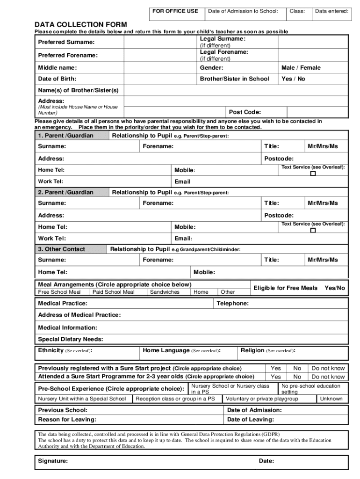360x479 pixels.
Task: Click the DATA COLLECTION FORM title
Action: click(80, 24)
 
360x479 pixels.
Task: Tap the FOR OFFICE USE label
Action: click(175, 11)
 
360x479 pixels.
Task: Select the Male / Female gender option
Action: click(301, 68)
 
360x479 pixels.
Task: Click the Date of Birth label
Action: click(57, 79)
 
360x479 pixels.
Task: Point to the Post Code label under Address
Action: click(245, 112)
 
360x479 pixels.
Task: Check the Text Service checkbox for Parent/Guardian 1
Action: click(313, 174)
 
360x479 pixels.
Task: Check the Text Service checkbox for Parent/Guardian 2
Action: click(313, 230)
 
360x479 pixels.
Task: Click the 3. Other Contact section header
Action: click(61, 249)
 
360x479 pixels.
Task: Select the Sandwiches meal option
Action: click(164, 292)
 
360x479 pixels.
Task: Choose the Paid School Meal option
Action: click(113, 292)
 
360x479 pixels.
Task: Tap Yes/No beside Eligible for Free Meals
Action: click(334, 288)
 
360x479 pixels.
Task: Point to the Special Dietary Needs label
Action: click(70, 339)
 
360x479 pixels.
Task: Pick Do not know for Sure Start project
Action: click(328, 368)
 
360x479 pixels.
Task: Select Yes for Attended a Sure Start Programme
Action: click(276, 377)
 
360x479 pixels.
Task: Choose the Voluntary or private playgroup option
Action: click(262, 399)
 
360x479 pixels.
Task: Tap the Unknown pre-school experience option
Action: click(331, 399)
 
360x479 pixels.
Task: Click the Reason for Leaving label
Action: click(67, 420)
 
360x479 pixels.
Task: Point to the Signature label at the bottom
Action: click(52, 461)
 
